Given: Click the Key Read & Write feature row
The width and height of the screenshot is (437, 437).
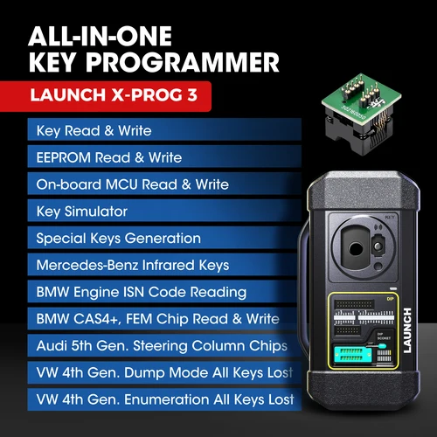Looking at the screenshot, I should pos(94,131).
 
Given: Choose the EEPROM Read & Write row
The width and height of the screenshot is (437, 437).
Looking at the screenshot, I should pos(109,158).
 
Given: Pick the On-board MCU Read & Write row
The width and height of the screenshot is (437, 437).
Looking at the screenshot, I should pos(133,184).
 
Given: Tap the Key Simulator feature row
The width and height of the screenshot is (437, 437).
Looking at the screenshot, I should pos(82,212).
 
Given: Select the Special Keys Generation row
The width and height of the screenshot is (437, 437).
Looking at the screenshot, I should pos(119,239).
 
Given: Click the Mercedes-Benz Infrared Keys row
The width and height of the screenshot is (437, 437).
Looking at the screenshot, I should pos(132,265).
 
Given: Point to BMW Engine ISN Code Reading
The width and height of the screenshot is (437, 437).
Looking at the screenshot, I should pos(142,292).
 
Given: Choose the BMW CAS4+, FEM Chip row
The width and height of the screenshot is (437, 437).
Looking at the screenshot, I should pos(158,319).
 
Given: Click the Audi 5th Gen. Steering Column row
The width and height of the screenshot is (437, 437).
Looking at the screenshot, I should pos(163,346).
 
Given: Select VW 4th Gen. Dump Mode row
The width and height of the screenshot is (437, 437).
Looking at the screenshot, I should pos(163,373).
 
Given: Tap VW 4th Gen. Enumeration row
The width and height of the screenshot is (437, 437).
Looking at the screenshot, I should pos(165,400).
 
